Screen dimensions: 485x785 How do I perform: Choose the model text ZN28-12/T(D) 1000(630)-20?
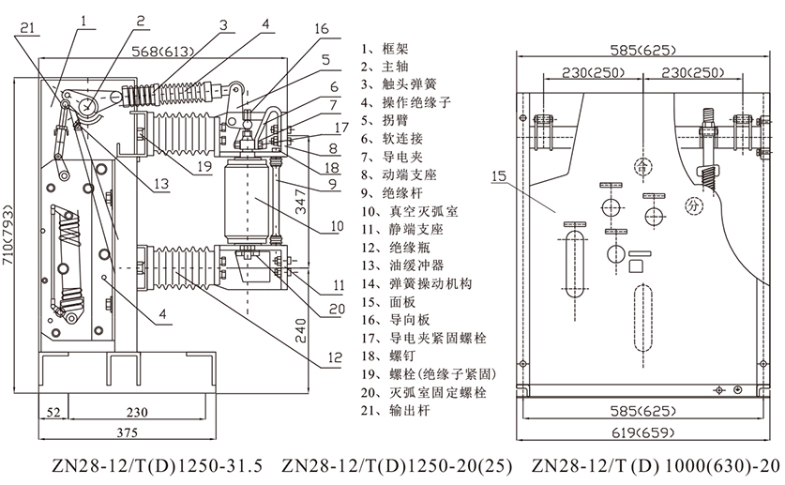pos(654,465)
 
